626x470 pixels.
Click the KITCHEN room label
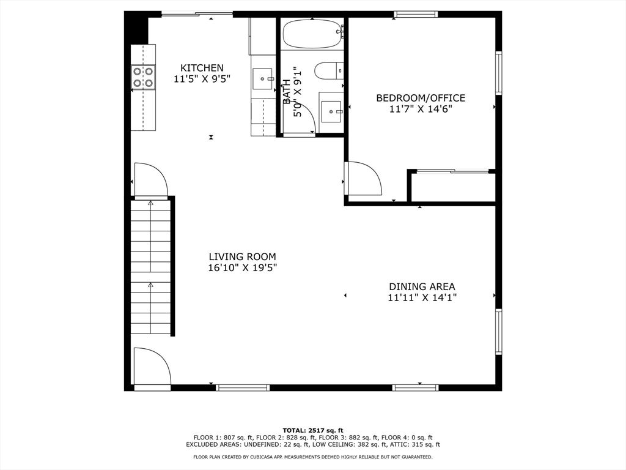tap(202, 68)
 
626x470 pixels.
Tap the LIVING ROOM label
tap(242, 256)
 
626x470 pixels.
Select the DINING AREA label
tap(422, 286)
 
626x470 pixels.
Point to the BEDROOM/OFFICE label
tap(421, 98)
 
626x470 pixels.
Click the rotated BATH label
tap(287, 92)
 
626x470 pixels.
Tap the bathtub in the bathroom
tap(313, 34)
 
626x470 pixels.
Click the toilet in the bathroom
tap(329, 71)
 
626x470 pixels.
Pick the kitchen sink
tap(263, 78)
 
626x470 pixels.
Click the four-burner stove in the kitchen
tap(143, 77)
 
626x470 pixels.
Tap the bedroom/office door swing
tap(365, 178)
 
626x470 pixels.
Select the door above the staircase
tap(151, 179)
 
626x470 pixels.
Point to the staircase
tap(151, 267)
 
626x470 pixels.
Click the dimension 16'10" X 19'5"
tap(242, 267)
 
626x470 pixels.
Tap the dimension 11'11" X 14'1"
tap(422, 297)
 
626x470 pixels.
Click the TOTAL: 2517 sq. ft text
tap(313, 430)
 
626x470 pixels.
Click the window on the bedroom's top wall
tap(416, 15)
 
